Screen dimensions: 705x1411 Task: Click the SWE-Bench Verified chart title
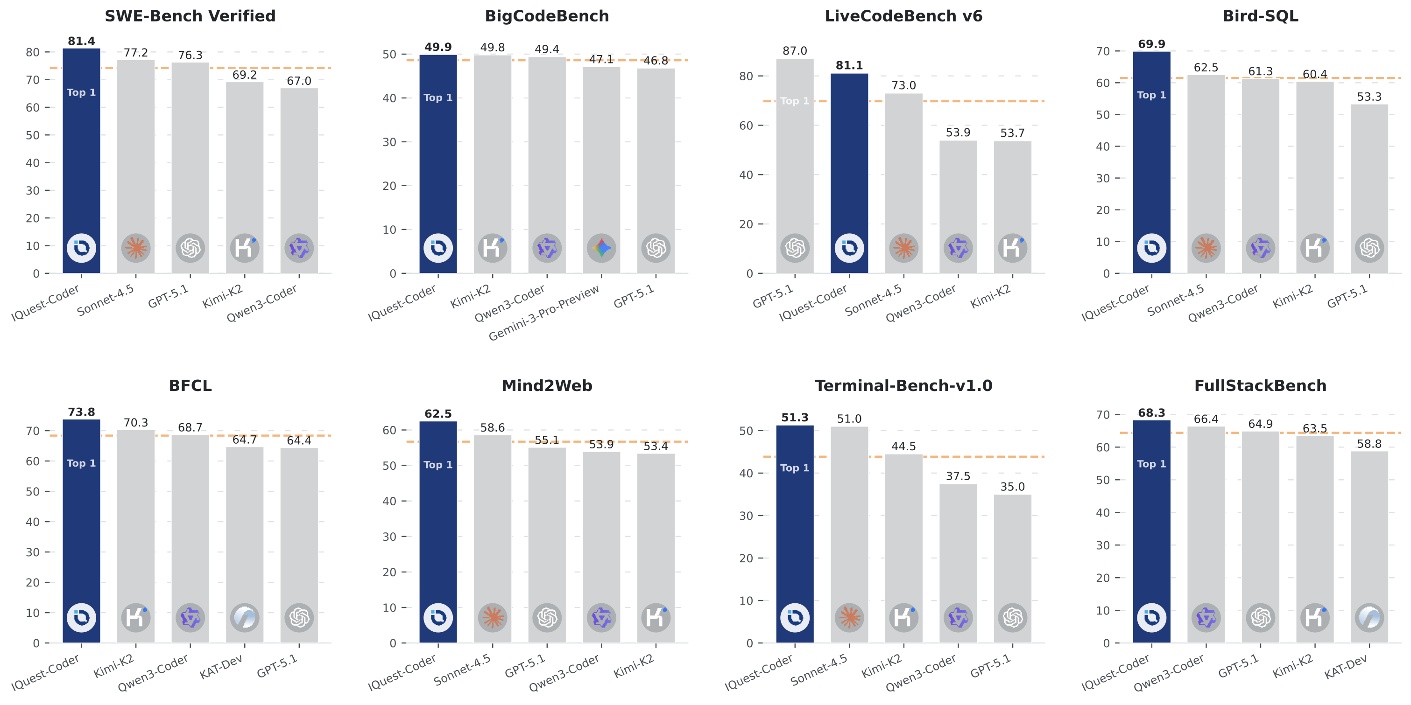tap(190, 16)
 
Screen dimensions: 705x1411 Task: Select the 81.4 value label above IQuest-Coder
tap(81, 41)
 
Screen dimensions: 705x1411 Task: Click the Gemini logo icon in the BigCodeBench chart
tap(601, 248)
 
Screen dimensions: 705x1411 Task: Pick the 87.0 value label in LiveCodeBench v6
tap(794, 51)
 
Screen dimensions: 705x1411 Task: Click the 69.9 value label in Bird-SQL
tap(1151, 44)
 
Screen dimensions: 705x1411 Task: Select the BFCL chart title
tap(190, 385)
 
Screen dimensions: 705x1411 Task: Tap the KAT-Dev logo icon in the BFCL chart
tap(244, 617)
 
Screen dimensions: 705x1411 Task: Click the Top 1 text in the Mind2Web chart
tap(437, 465)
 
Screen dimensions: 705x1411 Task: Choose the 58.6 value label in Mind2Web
tap(493, 427)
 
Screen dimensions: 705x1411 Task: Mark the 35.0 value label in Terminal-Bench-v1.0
tap(1012, 487)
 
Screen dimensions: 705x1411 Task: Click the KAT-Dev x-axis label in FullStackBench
tap(1345, 667)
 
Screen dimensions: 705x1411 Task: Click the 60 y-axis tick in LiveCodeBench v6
tap(746, 126)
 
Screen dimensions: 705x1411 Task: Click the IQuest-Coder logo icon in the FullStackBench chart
tap(1151, 617)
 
